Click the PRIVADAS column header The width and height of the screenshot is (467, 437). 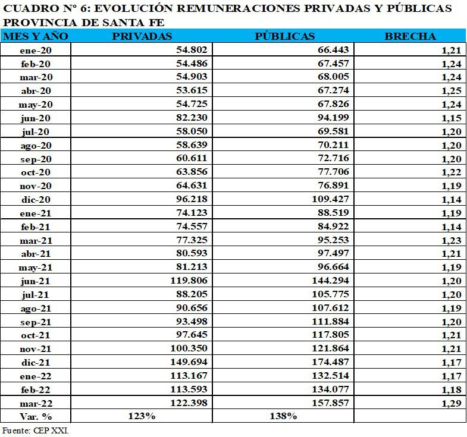(x=142, y=36)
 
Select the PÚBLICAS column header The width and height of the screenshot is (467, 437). (x=284, y=36)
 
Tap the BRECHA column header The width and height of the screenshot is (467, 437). (x=410, y=36)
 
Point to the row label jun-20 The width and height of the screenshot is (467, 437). (x=36, y=118)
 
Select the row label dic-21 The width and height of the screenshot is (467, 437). (x=36, y=362)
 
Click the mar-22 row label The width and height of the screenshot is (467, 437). (x=36, y=403)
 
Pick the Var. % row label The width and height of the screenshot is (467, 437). (x=36, y=416)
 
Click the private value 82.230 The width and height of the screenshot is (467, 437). (x=192, y=118)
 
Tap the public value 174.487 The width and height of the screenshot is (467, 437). (x=331, y=361)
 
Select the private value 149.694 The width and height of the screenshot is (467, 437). (x=189, y=361)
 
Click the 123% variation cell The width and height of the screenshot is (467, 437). (x=142, y=416)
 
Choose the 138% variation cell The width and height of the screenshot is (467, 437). (x=283, y=416)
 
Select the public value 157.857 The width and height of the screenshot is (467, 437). (x=331, y=403)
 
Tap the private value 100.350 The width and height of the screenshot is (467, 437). (x=189, y=348)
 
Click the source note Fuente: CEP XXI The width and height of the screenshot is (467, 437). (x=36, y=430)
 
